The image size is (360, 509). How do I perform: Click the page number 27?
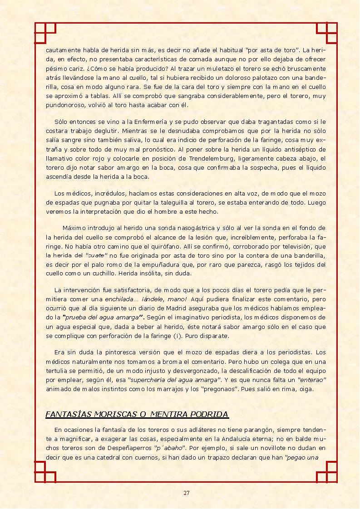(x=186, y=493)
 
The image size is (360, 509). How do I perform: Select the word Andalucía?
(x=237, y=439)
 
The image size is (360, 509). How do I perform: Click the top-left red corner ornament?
(x=45, y=33)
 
